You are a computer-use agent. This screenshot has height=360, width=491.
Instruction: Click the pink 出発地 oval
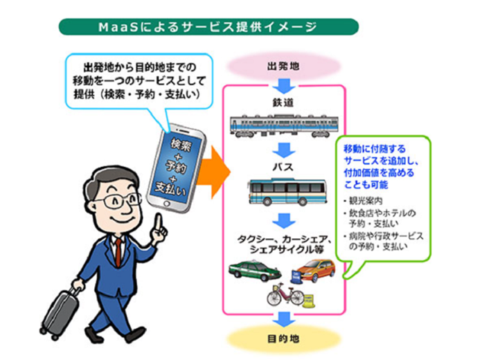283,66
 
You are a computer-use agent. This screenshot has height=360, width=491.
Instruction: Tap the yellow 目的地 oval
283,339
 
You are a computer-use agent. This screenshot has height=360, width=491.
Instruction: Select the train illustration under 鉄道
284,126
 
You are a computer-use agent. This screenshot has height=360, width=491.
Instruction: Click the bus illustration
287,192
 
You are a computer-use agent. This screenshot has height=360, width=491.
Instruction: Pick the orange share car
314,271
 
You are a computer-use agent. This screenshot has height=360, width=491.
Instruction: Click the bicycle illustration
285,295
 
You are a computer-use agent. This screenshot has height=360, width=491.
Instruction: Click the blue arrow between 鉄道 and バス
284,150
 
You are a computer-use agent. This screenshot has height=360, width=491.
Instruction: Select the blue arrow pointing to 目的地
284,319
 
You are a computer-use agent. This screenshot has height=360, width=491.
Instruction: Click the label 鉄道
283,102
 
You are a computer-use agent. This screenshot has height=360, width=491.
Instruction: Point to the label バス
283,167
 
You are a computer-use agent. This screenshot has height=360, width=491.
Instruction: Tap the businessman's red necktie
118,253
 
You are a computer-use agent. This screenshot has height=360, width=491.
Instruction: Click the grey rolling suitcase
60,312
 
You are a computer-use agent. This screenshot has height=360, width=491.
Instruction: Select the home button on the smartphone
167,204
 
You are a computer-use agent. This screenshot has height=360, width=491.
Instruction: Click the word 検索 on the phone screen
181,145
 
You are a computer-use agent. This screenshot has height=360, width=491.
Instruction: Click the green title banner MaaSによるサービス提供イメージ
208,27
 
